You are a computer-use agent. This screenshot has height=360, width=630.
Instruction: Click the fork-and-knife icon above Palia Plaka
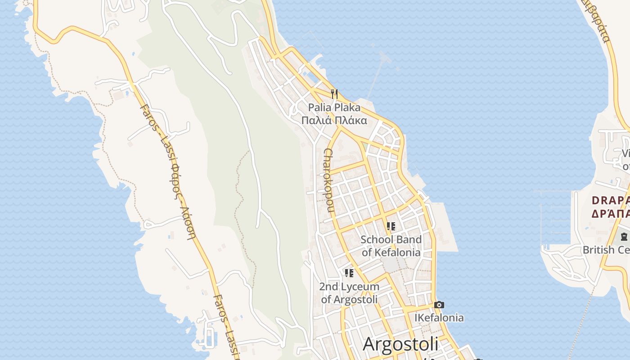[x=334, y=94]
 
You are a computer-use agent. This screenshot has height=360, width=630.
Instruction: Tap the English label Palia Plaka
[x=334, y=108]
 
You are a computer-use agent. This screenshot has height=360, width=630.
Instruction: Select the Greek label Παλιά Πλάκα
[x=334, y=121]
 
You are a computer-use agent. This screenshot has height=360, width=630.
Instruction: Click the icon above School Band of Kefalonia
[x=391, y=226]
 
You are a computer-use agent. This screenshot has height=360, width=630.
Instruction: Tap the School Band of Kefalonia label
[x=391, y=246]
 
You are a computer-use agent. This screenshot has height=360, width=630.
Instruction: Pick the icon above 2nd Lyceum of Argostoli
[x=349, y=273]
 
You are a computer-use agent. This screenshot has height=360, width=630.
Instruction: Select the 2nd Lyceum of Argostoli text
[x=349, y=292]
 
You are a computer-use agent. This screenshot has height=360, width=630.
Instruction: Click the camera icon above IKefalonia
[x=439, y=305]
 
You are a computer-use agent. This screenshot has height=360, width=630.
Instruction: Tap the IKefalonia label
[x=439, y=318]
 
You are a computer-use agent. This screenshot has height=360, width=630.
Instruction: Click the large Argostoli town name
[x=400, y=344]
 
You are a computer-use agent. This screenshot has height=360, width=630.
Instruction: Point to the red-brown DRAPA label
[x=611, y=200]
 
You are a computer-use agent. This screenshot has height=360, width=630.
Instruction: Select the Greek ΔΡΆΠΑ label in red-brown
[x=611, y=213]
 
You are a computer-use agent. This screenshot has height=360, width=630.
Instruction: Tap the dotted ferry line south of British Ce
[x=580, y=324]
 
